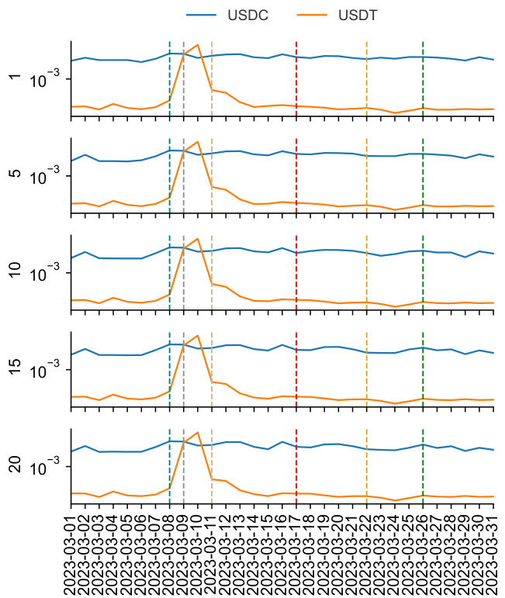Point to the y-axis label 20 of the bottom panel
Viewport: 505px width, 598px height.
coord(13,465)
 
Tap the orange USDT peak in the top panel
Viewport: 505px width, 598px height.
coord(198,45)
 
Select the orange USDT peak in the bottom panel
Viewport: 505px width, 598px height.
coord(198,432)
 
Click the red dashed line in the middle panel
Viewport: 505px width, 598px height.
coord(296,287)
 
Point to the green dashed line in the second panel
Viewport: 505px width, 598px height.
coord(423,186)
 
